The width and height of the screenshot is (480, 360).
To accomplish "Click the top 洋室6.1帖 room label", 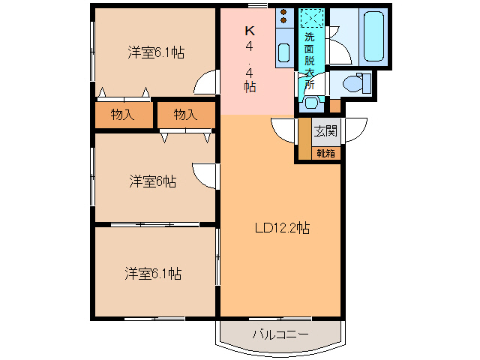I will [x=156, y=52].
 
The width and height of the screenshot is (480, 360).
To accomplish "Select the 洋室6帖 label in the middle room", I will [x=152, y=181].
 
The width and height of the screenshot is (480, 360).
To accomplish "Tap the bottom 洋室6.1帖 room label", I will [x=153, y=274].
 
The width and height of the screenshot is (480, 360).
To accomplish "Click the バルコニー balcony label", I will [x=280, y=333].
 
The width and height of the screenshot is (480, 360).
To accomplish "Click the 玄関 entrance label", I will [x=325, y=131].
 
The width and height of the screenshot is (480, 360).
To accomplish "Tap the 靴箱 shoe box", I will [x=325, y=153].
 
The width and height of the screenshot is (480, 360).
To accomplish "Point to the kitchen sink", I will [x=284, y=52].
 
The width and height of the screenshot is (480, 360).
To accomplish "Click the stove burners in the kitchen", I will [x=283, y=19].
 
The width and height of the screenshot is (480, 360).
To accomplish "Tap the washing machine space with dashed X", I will [x=310, y=18].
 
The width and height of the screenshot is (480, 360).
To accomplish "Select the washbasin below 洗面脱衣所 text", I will [x=310, y=103].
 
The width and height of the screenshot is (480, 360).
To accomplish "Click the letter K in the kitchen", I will [x=250, y=31].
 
